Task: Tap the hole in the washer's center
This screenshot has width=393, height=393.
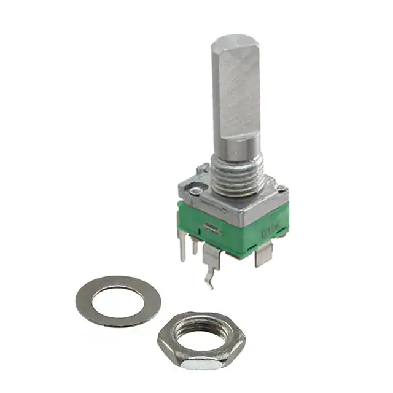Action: (x=118, y=300)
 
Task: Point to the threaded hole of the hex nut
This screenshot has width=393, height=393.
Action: (x=201, y=333)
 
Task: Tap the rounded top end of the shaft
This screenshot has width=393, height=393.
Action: (x=236, y=43)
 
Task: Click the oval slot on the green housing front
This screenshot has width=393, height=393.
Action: (x=214, y=229)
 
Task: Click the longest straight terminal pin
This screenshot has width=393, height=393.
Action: (x=182, y=244)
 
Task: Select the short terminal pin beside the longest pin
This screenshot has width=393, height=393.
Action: (x=195, y=246)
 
